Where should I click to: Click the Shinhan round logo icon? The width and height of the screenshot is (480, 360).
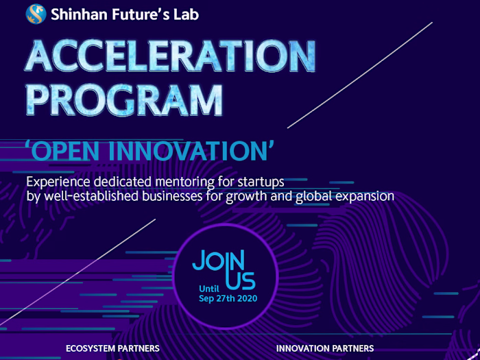pos(36,14)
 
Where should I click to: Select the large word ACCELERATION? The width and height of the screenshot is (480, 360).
pos(170,56)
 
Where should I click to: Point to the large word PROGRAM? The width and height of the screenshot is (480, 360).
pos(124,100)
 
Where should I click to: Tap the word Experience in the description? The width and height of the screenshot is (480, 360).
pos(58,182)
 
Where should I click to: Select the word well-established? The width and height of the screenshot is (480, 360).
pos(91,196)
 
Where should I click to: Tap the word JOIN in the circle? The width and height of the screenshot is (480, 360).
pos(219,260)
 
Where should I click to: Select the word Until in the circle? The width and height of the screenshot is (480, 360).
pos(209,289)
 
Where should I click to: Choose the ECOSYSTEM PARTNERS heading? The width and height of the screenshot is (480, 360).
pos(112,348)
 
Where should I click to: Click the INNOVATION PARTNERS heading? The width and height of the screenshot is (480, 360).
pos(325,348)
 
